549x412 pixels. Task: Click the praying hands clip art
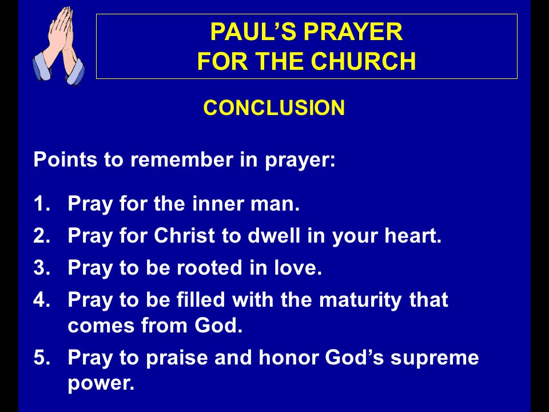(x=59, y=46)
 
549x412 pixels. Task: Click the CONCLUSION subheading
(x=274, y=108)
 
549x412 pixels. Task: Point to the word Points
(x=65, y=160)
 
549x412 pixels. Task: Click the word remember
(x=182, y=160)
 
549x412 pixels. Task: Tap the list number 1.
(x=42, y=204)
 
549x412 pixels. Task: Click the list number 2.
(x=42, y=235)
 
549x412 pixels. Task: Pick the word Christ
(x=184, y=235)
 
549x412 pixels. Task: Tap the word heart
(x=413, y=235)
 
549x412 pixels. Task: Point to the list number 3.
(x=42, y=268)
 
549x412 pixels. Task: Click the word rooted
(x=209, y=267)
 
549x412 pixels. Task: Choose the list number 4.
(x=42, y=300)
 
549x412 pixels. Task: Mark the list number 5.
(x=42, y=358)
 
